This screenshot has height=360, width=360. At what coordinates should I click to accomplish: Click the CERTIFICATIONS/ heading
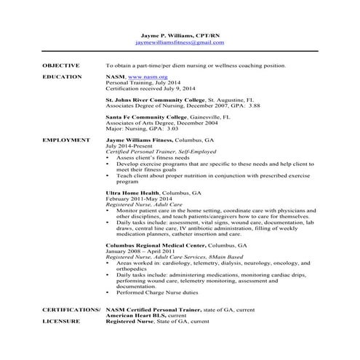71,309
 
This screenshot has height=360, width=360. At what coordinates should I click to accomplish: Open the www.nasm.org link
146,76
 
